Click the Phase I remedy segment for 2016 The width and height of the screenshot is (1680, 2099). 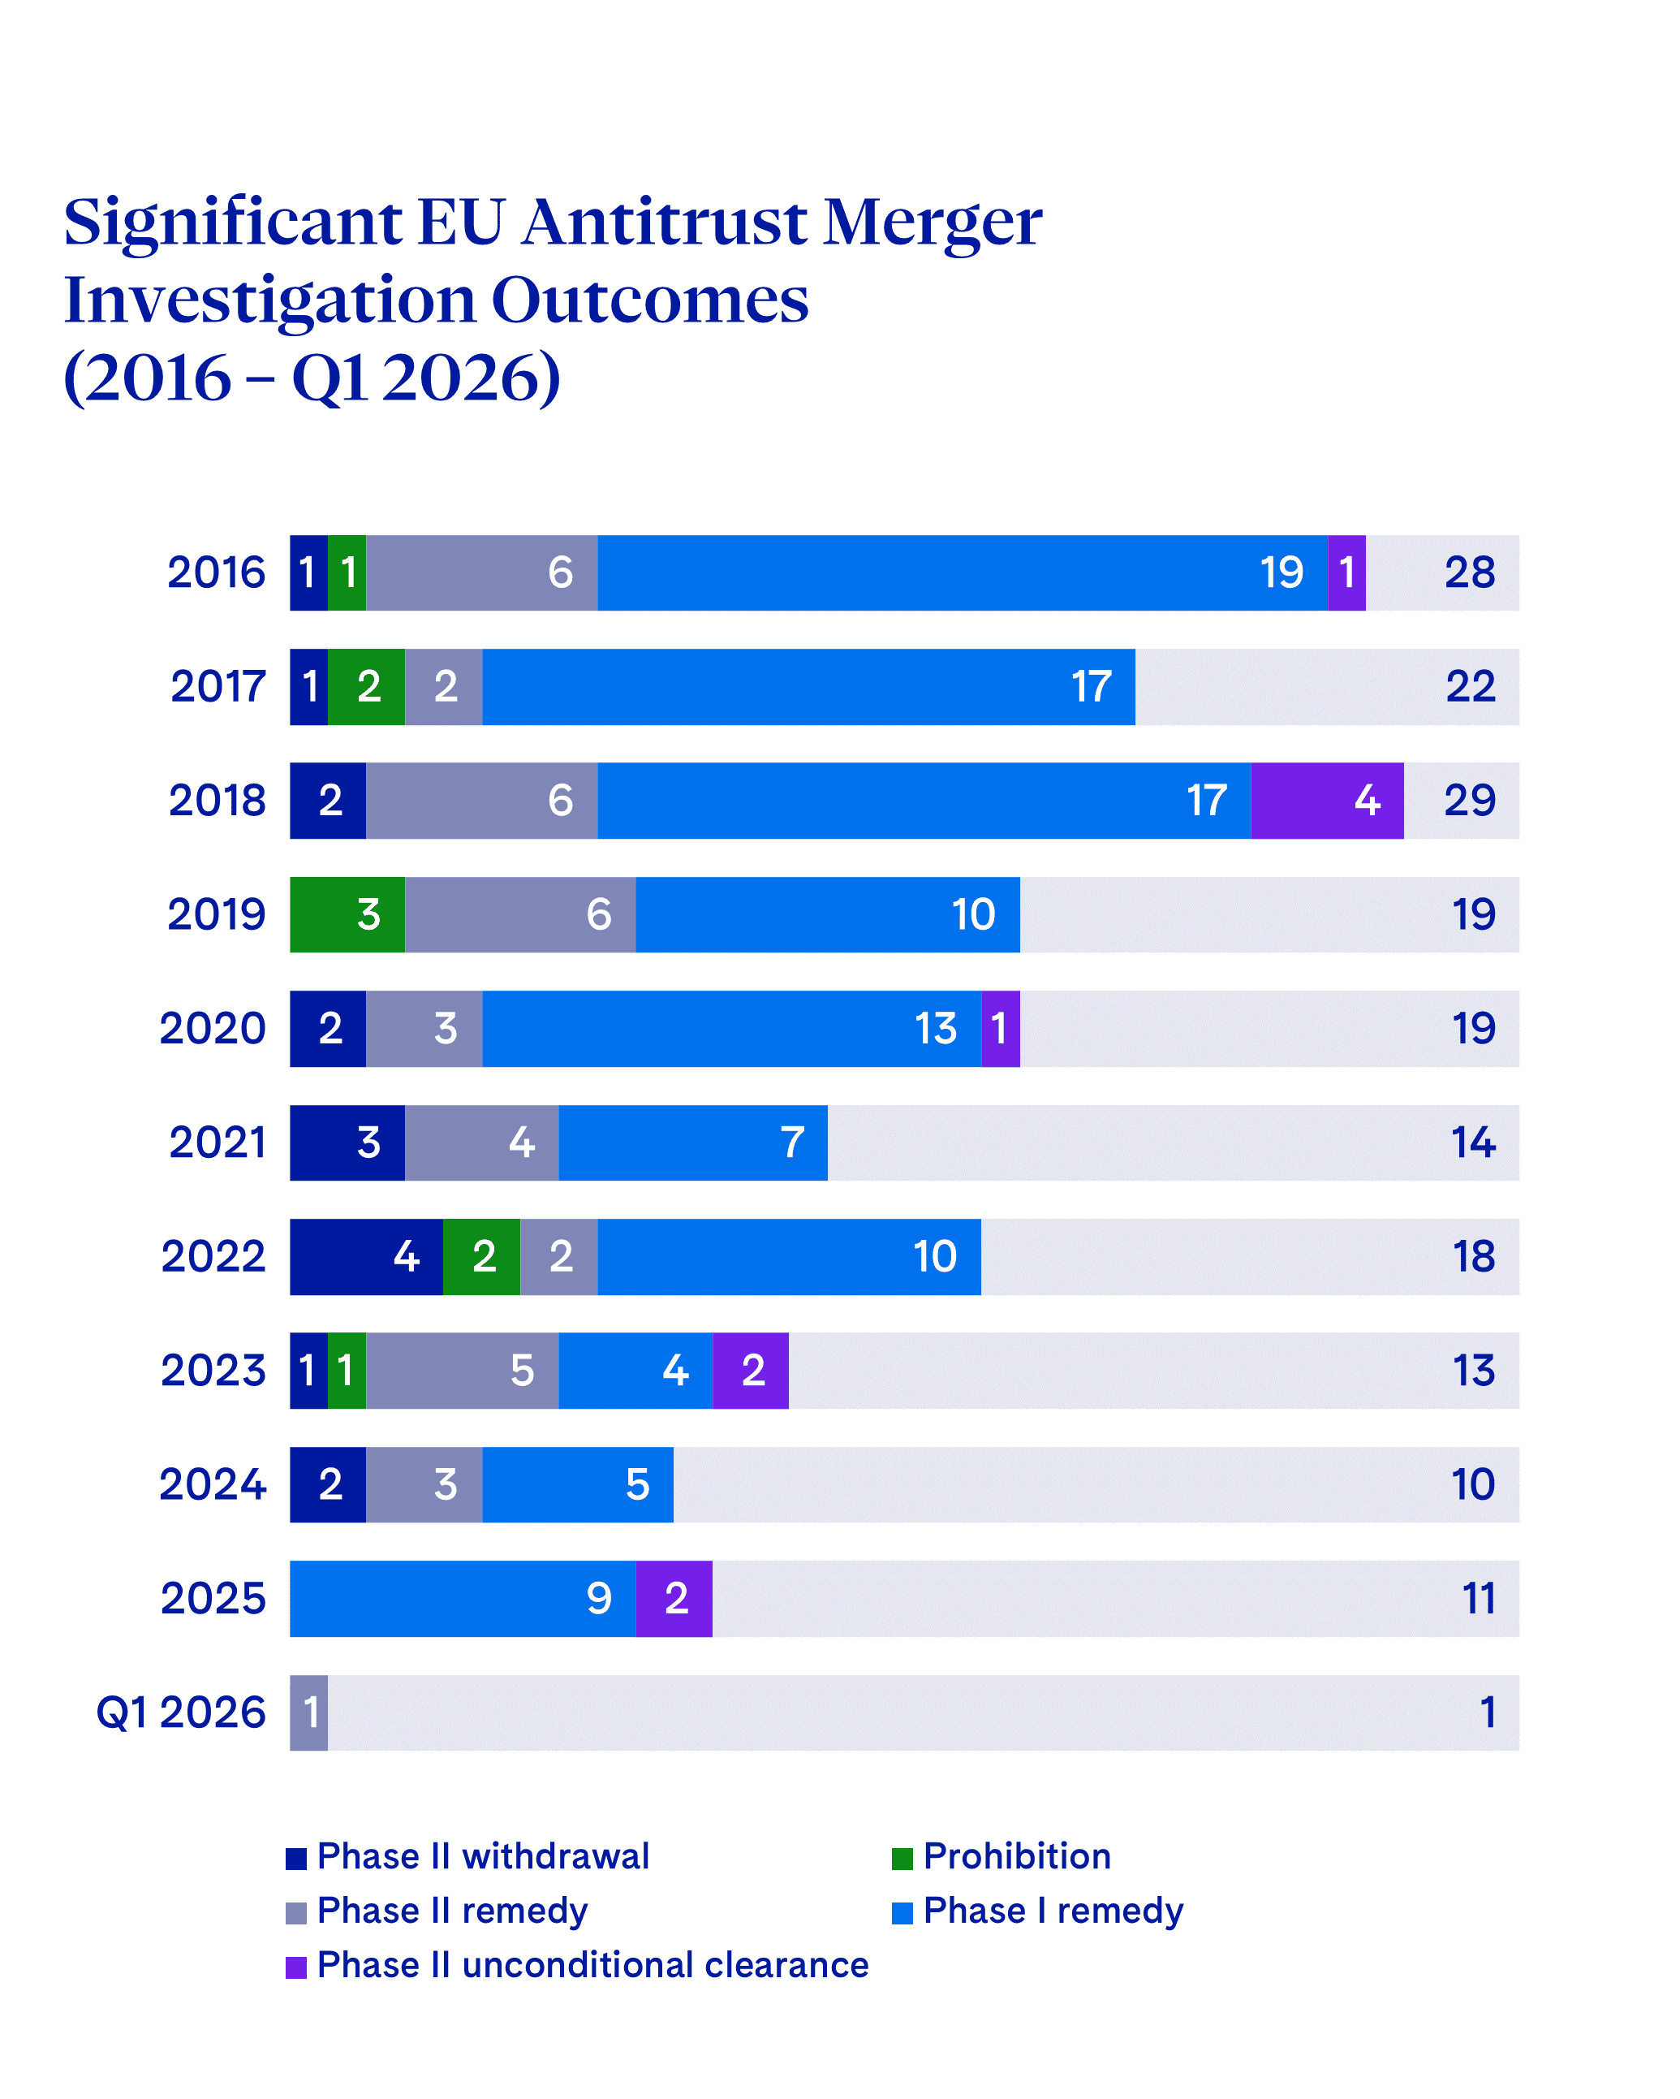(x=962, y=572)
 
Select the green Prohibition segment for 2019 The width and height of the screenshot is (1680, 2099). (x=347, y=914)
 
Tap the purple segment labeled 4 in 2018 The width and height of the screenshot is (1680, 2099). (x=1327, y=801)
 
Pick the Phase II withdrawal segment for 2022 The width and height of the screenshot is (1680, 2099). (x=366, y=1256)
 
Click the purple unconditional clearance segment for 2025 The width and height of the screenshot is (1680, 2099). (x=674, y=1598)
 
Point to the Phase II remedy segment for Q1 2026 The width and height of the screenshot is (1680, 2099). (x=308, y=1712)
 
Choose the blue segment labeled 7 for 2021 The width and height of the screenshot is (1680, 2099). (x=692, y=1142)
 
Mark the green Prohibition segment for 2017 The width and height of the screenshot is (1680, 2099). (x=366, y=686)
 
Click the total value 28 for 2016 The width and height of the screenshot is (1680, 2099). (x=1469, y=572)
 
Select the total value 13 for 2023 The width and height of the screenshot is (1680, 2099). (x=1473, y=1370)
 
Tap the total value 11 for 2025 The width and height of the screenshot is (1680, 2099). (x=1478, y=1598)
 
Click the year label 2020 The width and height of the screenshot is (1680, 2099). (x=212, y=1028)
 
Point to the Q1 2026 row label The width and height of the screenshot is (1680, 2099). (x=181, y=1712)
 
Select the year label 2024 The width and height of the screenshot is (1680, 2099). (x=212, y=1484)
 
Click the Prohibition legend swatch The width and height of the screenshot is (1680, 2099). (x=902, y=1859)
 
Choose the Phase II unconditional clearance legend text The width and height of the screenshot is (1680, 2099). (x=592, y=1965)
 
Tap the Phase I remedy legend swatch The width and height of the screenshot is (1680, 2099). (x=902, y=1912)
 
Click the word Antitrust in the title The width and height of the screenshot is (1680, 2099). (x=664, y=222)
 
